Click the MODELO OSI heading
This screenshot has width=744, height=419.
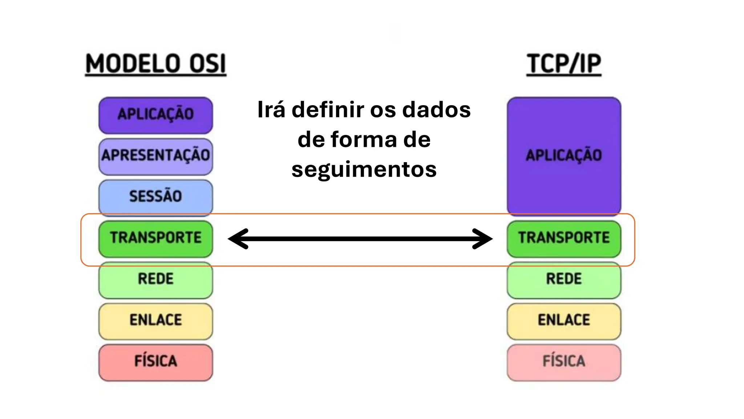[x=155, y=64]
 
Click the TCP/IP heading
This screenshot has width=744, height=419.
[x=564, y=64]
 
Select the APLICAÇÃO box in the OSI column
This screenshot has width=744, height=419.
[x=155, y=115]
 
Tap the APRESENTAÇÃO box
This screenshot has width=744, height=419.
[x=155, y=156]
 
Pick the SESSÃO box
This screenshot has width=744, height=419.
[x=155, y=196]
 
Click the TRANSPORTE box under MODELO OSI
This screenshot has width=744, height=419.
[x=155, y=238]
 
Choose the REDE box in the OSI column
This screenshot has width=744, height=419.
[x=155, y=279]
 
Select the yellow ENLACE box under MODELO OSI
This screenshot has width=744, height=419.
[x=155, y=320]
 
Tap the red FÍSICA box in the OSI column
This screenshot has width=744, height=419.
[x=155, y=362]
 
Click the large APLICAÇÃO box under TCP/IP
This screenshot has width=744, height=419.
[x=564, y=156]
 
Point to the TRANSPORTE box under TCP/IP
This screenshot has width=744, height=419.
[x=564, y=238]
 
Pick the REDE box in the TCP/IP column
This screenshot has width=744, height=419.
[x=564, y=279]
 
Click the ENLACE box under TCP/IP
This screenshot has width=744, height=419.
[x=564, y=320]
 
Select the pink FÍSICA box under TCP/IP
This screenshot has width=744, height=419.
[x=564, y=362]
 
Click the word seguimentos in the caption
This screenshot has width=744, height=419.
[x=364, y=169]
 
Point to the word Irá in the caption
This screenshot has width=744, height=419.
[x=271, y=110]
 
